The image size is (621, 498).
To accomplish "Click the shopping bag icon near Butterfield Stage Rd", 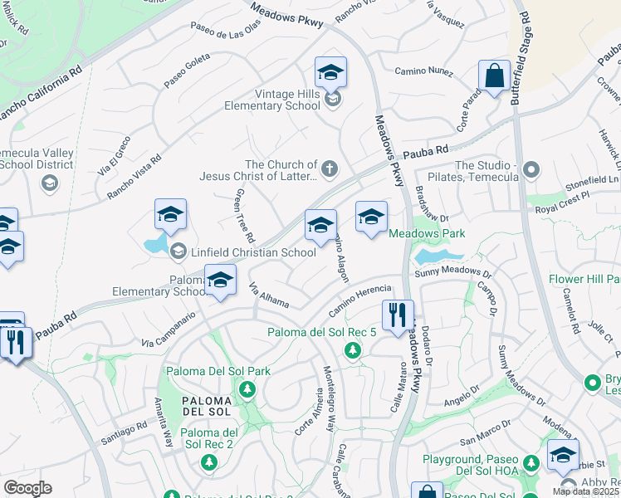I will [x=494, y=76].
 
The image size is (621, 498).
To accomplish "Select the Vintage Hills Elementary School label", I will [x=276, y=100].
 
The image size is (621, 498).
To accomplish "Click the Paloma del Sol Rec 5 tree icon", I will [x=353, y=351].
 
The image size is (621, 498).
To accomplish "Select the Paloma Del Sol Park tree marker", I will [x=246, y=388].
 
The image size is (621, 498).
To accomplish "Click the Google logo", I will [x=27, y=488].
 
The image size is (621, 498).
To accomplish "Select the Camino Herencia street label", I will [x=359, y=300].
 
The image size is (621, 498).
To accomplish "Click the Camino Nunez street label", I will [x=423, y=71].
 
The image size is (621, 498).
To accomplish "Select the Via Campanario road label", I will [x=168, y=329].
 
